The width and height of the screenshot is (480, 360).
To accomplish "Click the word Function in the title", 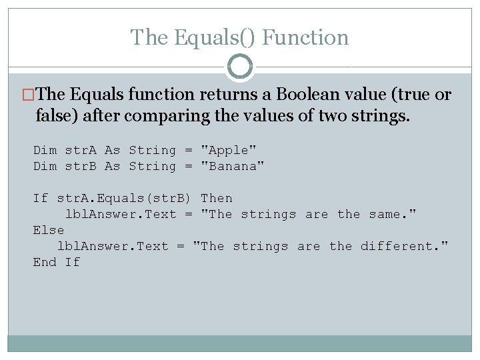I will pyautogui.click(x=305, y=37).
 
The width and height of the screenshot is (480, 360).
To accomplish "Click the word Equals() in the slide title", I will pyautogui.click(x=215, y=37).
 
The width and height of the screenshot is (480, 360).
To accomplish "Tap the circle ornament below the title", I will pyautogui.click(x=240, y=67).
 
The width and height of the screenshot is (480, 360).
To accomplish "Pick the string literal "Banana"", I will pyautogui.click(x=233, y=167).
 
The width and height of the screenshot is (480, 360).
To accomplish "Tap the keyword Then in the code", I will pyautogui.click(x=217, y=199).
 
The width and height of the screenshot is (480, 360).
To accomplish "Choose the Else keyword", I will pyautogui.click(x=49, y=231).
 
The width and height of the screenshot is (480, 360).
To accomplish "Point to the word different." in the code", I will pyautogui.click(x=405, y=247).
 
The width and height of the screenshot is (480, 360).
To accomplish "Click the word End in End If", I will pyautogui.click(x=45, y=263).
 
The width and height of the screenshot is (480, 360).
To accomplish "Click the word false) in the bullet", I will pyautogui.click(x=55, y=117).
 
